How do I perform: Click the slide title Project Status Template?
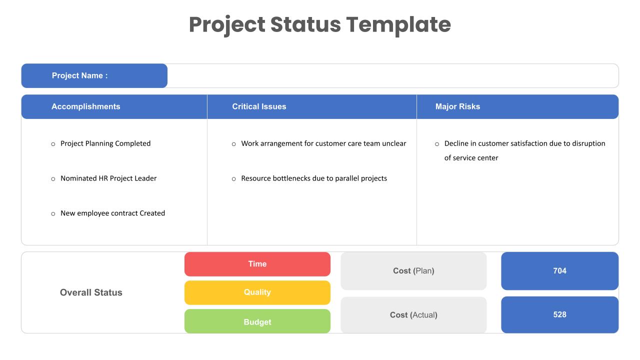click(319, 24)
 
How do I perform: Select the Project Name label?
click(79, 75)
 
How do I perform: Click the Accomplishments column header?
click(85, 106)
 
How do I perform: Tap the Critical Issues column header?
click(259, 106)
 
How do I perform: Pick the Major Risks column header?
click(457, 106)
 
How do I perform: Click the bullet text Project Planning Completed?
click(105, 143)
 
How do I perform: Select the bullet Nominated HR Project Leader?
click(108, 178)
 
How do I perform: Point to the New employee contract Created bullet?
click(112, 213)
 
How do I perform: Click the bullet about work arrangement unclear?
click(323, 143)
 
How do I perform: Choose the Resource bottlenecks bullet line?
click(313, 178)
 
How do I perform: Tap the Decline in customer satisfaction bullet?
click(524, 144)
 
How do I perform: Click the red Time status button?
click(257, 264)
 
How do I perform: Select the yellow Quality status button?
click(257, 292)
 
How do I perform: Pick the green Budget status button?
click(257, 321)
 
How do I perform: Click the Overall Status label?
click(91, 292)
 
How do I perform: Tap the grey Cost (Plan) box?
click(413, 271)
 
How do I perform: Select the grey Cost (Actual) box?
click(413, 315)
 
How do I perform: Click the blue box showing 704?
click(559, 271)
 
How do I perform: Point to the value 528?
click(559, 314)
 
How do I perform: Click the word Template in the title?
click(398, 24)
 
